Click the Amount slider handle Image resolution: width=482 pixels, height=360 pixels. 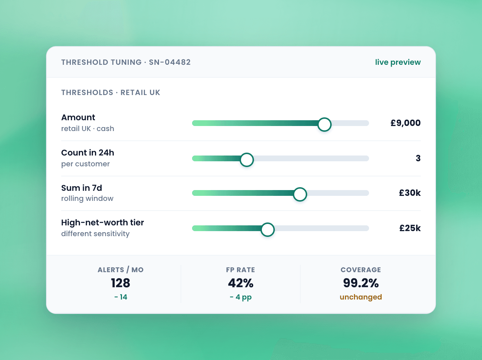click(324, 125)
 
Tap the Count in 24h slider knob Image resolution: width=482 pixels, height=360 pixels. click(247, 160)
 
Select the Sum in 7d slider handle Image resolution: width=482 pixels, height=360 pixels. click(300, 194)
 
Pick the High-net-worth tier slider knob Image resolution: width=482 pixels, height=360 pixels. click(268, 229)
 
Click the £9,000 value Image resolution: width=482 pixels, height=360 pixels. click(405, 123)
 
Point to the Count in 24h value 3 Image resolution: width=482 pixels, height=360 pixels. click(418, 158)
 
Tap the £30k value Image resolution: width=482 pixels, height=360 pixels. click(410, 193)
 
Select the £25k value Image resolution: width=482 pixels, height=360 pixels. click(410, 228)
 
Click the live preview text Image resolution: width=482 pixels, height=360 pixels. click(398, 62)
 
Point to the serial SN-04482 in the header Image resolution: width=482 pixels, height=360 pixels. click(170, 62)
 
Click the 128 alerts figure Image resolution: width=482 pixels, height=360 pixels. click(120, 283)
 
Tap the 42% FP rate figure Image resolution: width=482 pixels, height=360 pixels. click(241, 283)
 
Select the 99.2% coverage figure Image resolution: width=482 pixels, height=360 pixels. click(361, 283)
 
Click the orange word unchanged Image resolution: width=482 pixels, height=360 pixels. click(361, 297)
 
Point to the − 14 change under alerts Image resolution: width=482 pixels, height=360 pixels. click(120, 297)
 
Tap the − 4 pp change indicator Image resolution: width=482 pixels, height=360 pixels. click(241, 297)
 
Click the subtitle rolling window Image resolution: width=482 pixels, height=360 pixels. click(87, 198)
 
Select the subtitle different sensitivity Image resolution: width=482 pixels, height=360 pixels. click(95, 234)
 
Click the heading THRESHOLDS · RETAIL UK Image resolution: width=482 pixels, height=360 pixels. click(111, 93)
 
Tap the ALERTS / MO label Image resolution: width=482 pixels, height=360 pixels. click(120, 270)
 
